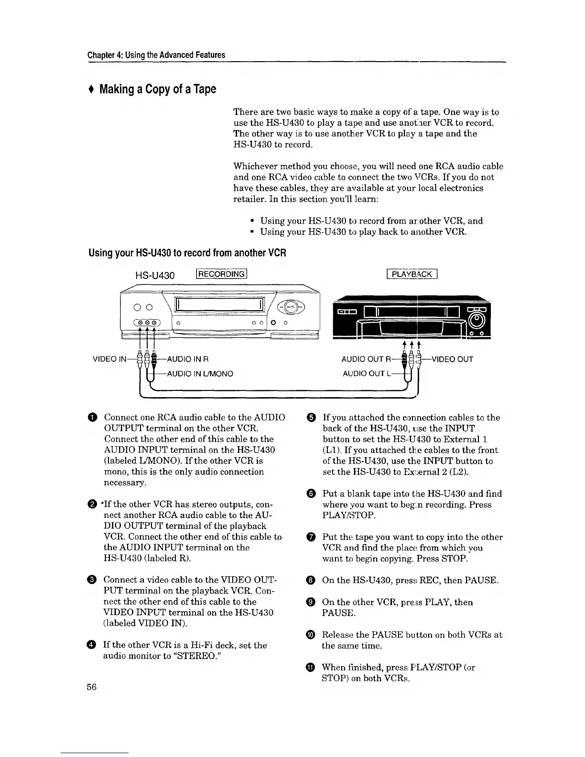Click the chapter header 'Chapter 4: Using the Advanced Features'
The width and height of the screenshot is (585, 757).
coord(156,55)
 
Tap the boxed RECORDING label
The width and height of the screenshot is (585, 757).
coord(221,274)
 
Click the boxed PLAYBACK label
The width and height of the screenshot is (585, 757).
coord(411,274)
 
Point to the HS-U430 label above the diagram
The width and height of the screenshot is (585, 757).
coord(155,275)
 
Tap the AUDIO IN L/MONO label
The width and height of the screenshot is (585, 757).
coord(199,374)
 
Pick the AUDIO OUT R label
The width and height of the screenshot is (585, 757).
coord(367,359)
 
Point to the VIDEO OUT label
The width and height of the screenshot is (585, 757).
coord(452,359)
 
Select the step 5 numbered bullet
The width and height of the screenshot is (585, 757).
coord(311,418)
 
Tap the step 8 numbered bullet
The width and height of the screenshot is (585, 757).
coord(311,581)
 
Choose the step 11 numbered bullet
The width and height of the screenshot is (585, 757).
coord(311,668)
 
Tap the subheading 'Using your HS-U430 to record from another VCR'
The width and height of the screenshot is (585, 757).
coord(187,252)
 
